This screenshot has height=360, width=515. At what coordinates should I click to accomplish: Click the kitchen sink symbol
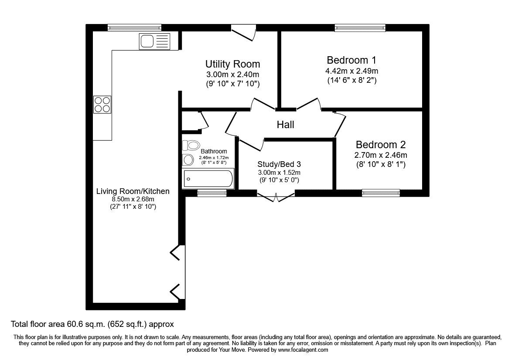(x=154, y=41)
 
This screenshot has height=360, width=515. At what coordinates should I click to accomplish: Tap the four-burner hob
(x=102, y=104)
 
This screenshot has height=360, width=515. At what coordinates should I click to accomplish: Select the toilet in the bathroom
(x=191, y=145)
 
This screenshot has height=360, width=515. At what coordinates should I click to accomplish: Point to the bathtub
(x=208, y=179)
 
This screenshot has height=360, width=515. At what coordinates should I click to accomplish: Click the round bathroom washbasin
(x=188, y=160)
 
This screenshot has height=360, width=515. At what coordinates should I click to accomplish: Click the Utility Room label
(x=232, y=64)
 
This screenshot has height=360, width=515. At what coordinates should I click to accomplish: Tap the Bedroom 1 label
(x=351, y=60)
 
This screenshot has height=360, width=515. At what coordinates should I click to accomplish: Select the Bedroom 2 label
(x=381, y=144)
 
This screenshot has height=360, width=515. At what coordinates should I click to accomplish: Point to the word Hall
(x=285, y=124)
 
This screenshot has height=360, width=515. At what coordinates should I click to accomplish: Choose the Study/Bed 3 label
(x=279, y=164)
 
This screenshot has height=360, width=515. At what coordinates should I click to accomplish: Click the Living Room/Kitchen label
(x=133, y=191)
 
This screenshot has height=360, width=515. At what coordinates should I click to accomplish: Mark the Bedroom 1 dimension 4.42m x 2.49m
(x=351, y=71)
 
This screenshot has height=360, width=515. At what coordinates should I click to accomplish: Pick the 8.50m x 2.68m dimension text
(x=133, y=199)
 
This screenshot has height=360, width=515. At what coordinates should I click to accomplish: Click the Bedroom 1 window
(x=360, y=28)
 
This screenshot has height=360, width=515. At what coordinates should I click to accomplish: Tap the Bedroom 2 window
(x=381, y=193)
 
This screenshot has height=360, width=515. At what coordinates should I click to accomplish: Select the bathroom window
(x=212, y=193)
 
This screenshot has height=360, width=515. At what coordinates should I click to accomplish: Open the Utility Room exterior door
(x=244, y=33)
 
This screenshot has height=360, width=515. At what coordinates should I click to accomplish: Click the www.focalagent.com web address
(x=303, y=350)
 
